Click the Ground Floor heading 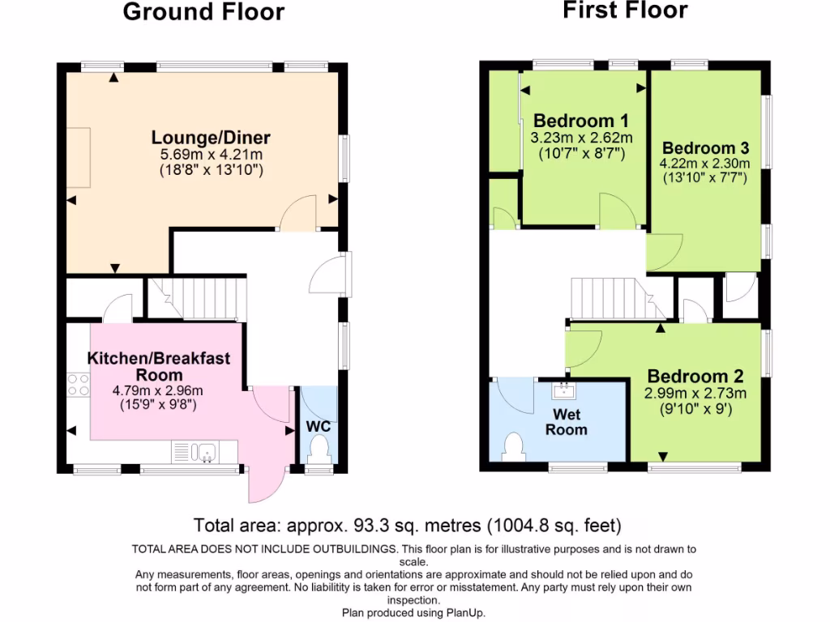(x=203, y=12)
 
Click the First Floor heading (x=625, y=11)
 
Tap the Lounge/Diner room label (x=211, y=137)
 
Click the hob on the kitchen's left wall (x=79, y=384)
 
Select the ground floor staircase (x=197, y=298)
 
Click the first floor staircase (x=616, y=299)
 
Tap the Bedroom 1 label (x=575, y=121)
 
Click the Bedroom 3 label (x=704, y=148)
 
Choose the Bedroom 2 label (x=695, y=377)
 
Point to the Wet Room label (x=566, y=422)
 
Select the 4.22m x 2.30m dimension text (x=704, y=164)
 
